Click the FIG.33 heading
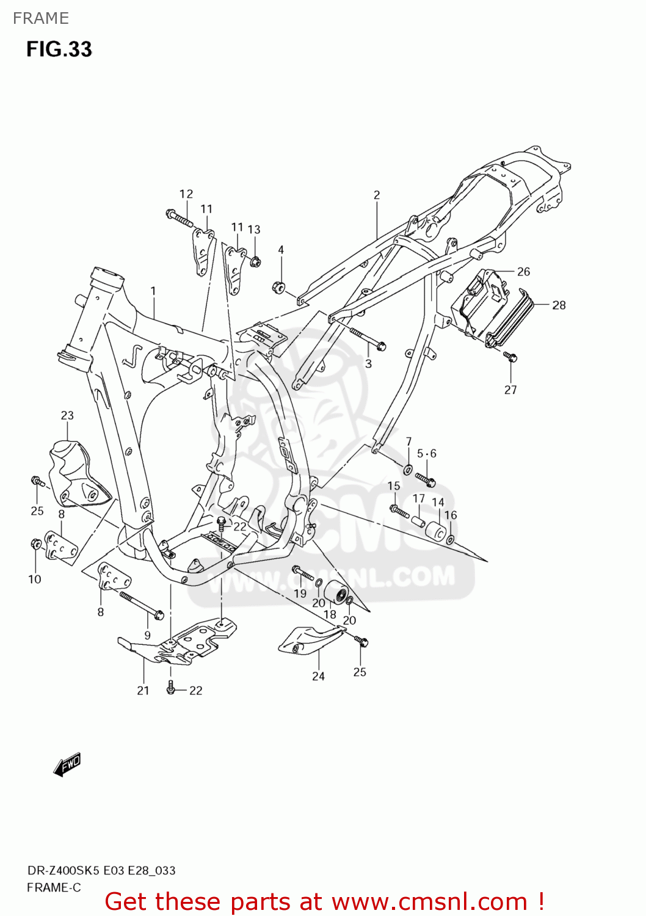[x=59, y=49]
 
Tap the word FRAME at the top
[x=40, y=18]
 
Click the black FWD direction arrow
[x=67, y=764]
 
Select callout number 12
[x=186, y=194]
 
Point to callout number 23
[x=67, y=415]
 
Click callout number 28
[x=559, y=305]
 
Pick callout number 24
[x=318, y=676]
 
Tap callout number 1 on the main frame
[x=153, y=291]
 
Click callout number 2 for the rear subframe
[x=377, y=195]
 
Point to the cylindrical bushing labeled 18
[x=335, y=593]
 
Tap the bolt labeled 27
[x=510, y=357]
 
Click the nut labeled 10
[x=35, y=543]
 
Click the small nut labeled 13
[x=255, y=262]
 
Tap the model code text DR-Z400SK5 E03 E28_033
[x=101, y=870]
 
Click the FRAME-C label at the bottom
[x=54, y=887]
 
